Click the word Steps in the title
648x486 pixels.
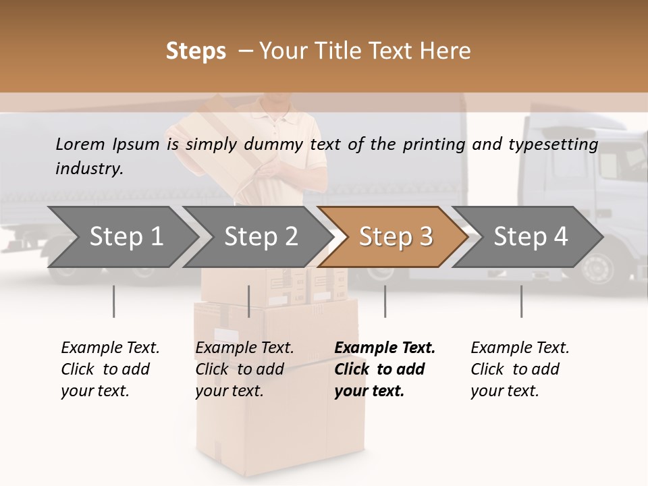click(196, 51)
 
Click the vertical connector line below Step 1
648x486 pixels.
click(114, 301)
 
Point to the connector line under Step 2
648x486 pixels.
click(249, 301)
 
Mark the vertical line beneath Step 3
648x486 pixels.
click(385, 301)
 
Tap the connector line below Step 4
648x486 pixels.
click(521, 301)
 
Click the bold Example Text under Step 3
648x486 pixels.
click(385, 369)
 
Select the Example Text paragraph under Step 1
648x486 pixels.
click(110, 369)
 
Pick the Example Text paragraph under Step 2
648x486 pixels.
click(244, 369)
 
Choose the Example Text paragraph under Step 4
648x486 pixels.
click(520, 369)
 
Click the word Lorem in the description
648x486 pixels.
click(80, 144)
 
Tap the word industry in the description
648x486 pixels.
click(89, 169)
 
